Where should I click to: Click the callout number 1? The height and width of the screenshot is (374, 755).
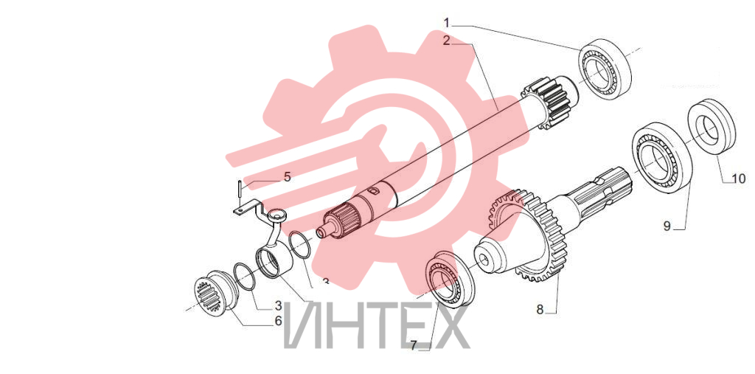coord(447,23)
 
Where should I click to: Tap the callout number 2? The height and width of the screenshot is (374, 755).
coord(447,41)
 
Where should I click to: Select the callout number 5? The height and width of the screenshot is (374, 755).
coord(287,177)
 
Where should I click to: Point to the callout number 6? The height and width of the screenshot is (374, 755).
coord(278,321)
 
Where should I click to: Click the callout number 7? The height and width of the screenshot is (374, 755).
coord(413,345)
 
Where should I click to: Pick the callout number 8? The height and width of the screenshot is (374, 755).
coord(540,309)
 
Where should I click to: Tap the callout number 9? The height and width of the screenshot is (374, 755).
coord(667,226)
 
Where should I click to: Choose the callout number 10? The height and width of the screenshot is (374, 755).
coord(738,179)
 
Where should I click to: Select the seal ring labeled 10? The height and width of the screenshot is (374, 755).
coord(711,126)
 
